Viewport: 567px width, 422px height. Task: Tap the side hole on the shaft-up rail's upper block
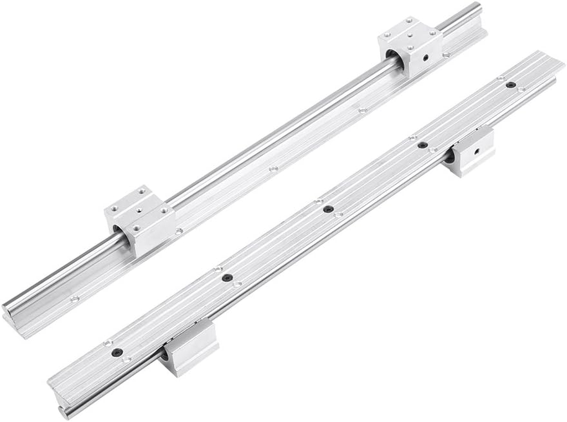coord(426,59)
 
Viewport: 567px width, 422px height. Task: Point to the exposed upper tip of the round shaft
coord(476,7)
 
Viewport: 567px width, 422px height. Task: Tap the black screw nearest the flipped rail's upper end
coord(510,85)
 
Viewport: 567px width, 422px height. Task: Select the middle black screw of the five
coord(328,208)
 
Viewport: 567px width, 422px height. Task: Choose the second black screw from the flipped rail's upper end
coord(422,145)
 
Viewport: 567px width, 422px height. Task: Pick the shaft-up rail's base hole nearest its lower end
coord(74,298)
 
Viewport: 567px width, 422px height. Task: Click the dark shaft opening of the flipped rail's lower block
coord(166,354)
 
